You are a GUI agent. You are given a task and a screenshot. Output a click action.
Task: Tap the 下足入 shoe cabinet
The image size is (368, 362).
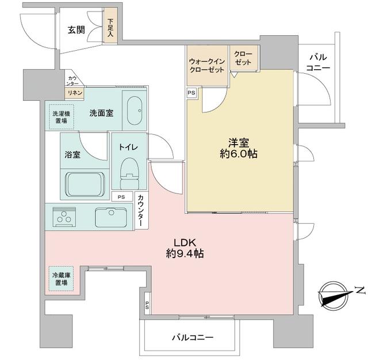110,27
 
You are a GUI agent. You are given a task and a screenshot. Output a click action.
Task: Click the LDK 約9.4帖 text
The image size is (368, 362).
183,247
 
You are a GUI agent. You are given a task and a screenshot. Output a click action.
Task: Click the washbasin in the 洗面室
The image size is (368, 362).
135,109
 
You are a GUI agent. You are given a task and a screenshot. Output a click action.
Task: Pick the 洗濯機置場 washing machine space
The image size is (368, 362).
60,116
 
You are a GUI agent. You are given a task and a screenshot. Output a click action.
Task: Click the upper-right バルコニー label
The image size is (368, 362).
319,62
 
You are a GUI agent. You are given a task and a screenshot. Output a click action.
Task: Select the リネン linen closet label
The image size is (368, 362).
75,93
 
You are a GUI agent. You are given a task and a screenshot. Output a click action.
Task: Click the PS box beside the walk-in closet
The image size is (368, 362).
191,92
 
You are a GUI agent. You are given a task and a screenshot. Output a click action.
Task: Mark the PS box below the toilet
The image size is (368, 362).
121,197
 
